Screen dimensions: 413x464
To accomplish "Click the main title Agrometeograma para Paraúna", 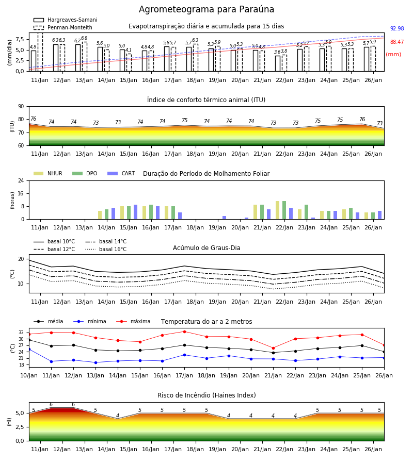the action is pos(206,9).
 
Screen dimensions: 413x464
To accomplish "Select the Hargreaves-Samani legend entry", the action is pos(65,20).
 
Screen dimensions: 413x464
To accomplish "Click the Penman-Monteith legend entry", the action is pos(63,27).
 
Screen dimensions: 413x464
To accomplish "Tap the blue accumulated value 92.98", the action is pos(397,28).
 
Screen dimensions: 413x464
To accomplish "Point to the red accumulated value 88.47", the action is pos(397,42).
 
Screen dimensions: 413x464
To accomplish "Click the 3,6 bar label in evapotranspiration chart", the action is pos(277,52).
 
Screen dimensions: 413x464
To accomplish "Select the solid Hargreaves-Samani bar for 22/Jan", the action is pos(278,63).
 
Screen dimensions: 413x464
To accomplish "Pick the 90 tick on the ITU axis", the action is pos(21,107).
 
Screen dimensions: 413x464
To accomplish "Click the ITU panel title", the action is pos(206,100).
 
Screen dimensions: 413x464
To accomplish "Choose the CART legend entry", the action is pos(121,173).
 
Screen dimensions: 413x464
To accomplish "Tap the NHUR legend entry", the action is pos(48,173).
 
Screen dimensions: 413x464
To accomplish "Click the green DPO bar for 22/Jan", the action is pos(284,210).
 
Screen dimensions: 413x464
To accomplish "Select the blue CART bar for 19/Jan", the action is pos(224,218).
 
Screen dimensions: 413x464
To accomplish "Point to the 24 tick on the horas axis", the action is pos(21,180).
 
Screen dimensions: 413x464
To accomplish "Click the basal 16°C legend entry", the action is pos(106,249).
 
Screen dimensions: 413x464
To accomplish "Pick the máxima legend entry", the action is pos(133,321).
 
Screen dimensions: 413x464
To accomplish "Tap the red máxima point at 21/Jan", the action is pos(273,348).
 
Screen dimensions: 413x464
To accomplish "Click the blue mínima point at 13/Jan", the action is pos(96,362).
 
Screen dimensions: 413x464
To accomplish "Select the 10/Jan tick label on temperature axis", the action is pos(29,375).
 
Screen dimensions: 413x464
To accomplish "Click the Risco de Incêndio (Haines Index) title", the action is pos(206,395).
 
